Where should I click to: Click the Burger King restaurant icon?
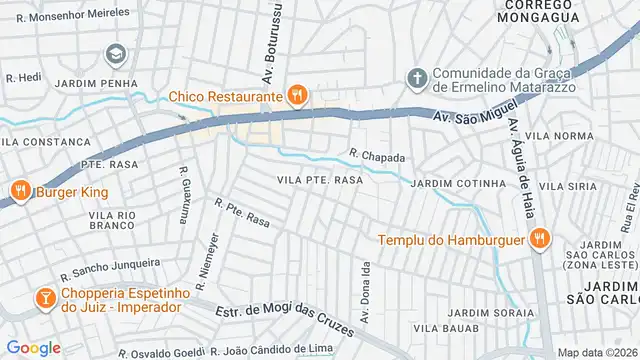point(19,191)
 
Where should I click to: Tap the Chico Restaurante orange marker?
point(296,96)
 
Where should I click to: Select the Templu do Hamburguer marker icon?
point(538,238)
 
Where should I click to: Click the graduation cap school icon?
point(117,53)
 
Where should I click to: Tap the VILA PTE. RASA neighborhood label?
point(319,180)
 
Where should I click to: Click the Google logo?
point(33,347)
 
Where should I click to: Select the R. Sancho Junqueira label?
point(110,268)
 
